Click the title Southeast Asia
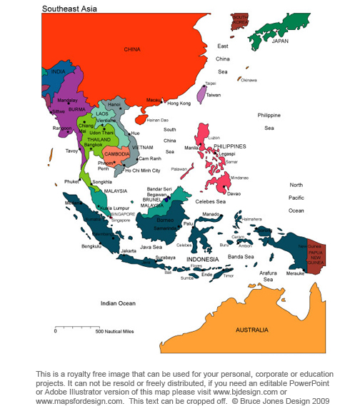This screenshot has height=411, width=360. click(x=70, y=9)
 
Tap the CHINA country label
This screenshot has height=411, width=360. click(x=132, y=49)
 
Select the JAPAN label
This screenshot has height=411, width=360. click(x=281, y=41)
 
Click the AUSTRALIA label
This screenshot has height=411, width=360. click(x=252, y=330)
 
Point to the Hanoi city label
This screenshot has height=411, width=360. click(x=114, y=104)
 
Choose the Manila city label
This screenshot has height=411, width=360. click(x=192, y=148)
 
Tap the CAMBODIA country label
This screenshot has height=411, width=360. click(x=116, y=154)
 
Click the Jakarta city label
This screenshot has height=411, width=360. click(x=129, y=251)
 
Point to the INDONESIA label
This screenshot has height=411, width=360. click(x=203, y=259)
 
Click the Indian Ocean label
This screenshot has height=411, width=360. click(x=118, y=303)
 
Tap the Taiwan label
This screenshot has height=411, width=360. click(x=214, y=94)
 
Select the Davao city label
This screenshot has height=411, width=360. click(x=234, y=193)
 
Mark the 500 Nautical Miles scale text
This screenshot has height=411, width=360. click(x=114, y=331)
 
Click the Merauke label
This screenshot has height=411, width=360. click(x=295, y=272)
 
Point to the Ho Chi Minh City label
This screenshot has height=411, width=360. click(x=143, y=171)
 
